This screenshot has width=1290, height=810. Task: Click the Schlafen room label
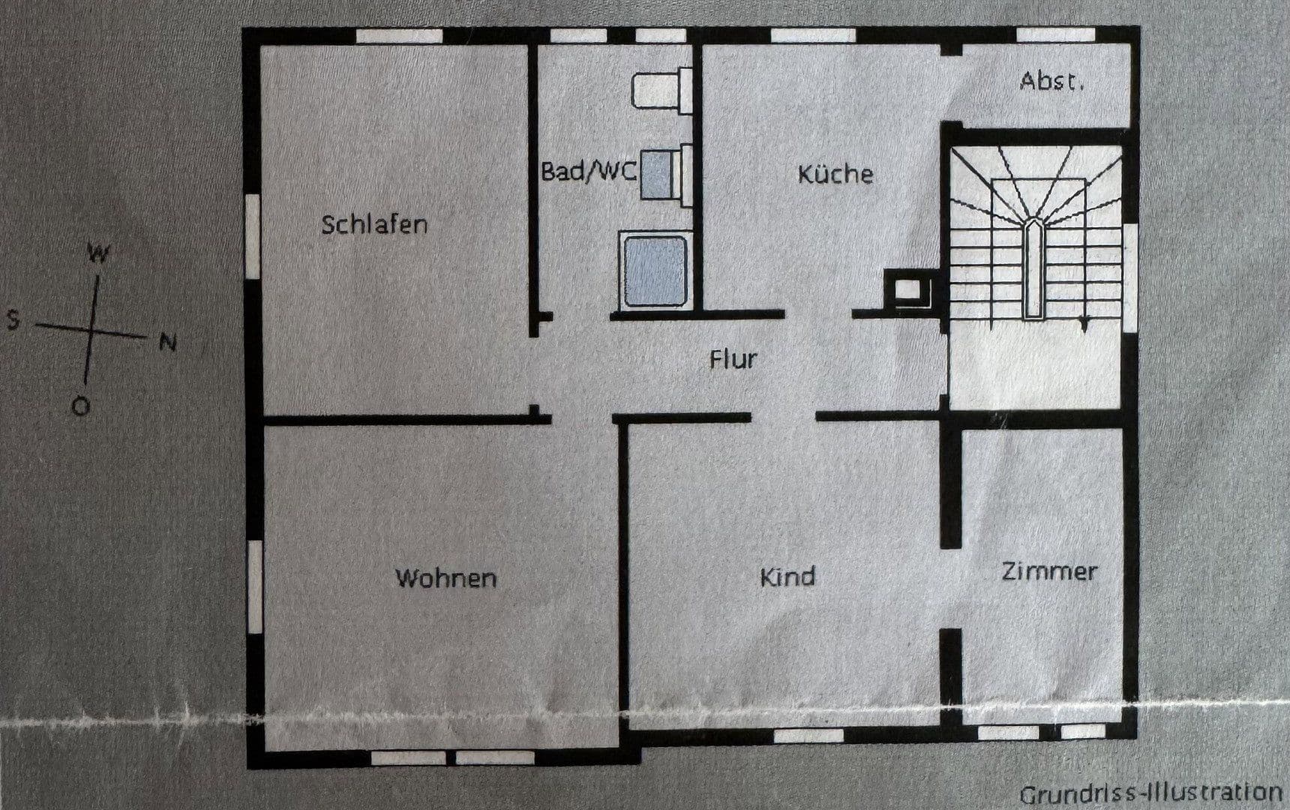pos(374,224)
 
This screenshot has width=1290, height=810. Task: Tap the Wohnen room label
pos(446,578)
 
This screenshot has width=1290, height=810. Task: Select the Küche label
pos(835,174)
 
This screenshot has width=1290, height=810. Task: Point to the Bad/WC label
pos(589,172)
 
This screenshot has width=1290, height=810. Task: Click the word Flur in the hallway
pos(733,359)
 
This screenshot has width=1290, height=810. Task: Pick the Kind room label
pos(787,577)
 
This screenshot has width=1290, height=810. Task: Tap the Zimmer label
pos(1049,571)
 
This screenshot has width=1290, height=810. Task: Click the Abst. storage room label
pos(1052,81)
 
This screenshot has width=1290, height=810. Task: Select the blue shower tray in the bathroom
pos(655,270)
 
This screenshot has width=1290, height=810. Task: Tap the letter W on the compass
pos(98,253)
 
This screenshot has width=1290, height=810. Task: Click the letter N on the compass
pos(168,343)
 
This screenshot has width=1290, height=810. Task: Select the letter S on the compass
pos(12,321)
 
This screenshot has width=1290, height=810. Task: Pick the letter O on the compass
pos(79,406)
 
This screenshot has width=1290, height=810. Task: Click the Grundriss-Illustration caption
pos(1150,793)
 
